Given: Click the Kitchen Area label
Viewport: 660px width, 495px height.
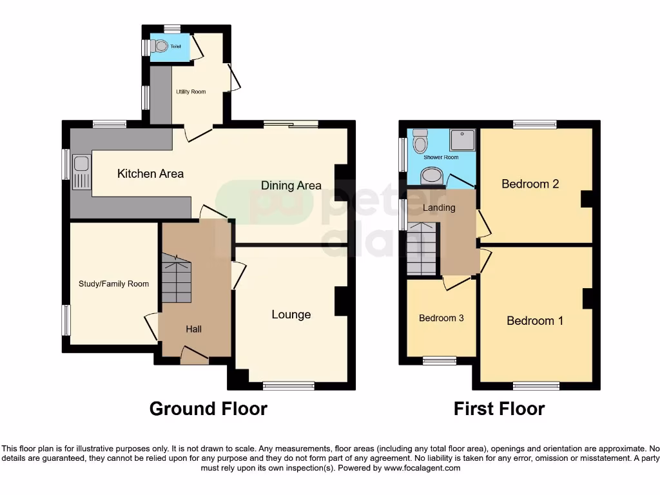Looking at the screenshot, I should pyautogui.click(x=150, y=173).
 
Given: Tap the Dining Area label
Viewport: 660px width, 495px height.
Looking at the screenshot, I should pyautogui.click(x=291, y=186).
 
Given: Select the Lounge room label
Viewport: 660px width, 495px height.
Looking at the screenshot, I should pyautogui.click(x=291, y=315).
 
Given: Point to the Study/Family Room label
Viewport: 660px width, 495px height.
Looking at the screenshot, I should pyautogui.click(x=113, y=284).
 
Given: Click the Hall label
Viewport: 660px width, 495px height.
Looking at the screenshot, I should pyautogui.click(x=193, y=329).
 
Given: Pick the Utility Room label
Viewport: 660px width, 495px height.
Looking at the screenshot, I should pyautogui.click(x=191, y=92).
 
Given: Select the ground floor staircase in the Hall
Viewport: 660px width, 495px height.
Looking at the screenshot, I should pyautogui.click(x=176, y=278).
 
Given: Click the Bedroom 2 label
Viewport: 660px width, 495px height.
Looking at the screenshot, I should pyautogui.click(x=530, y=184).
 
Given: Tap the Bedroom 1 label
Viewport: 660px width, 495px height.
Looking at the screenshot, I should pyautogui.click(x=534, y=320).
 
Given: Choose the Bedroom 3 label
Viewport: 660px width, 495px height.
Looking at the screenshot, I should pyautogui.click(x=441, y=318).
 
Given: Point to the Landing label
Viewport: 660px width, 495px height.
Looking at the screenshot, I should pyautogui.click(x=439, y=208).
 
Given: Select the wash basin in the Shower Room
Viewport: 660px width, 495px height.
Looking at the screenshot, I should pyautogui.click(x=431, y=175).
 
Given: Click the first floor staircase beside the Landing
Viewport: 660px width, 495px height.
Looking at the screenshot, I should pyautogui.click(x=422, y=247).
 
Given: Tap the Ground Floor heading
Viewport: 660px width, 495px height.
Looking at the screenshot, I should pyautogui.click(x=208, y=409).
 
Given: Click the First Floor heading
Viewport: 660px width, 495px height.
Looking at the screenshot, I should pyautogui.click(x=499, y=409).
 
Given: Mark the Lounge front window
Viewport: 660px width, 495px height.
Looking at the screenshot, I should pyautogui.click(x=288, y=385).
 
